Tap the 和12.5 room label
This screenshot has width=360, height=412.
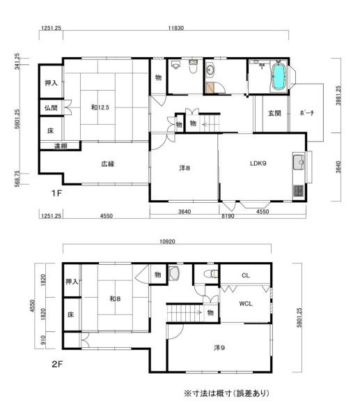coord(100,107)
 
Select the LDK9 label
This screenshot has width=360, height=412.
coord(258,163)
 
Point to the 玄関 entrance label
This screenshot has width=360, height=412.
coord(274,113)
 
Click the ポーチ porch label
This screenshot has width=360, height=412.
coord(307,113)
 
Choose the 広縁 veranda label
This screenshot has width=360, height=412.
coord(107,164)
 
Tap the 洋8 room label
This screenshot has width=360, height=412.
coord(185,168)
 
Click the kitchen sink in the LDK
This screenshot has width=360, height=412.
coord(299,162)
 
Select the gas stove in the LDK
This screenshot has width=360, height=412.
coord(298,191)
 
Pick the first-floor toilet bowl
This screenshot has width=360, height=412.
coord(193,67)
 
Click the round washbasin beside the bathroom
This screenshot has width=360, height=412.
coord(210,70)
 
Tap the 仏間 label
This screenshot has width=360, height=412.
coord(51,108)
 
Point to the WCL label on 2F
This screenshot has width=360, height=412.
coord(246,304)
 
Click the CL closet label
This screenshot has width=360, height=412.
coord(246,275)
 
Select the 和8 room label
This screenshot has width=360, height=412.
coord(115,299)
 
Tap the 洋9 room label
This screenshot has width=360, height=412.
coord(219,348)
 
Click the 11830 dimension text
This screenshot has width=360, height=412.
coord(175,28)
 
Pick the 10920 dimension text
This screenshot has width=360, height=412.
coord(167,241)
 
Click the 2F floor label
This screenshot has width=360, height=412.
coord(57,365)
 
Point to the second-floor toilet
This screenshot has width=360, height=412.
coord(211,274)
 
